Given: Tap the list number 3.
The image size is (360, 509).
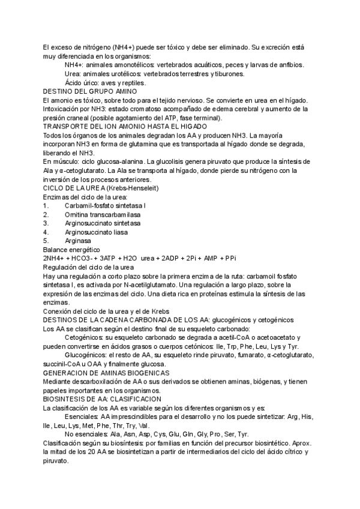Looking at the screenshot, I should pos(45,223).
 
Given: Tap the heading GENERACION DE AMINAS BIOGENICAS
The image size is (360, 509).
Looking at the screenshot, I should pos(106,373).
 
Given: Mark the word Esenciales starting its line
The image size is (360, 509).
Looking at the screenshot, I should pos(82,417).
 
